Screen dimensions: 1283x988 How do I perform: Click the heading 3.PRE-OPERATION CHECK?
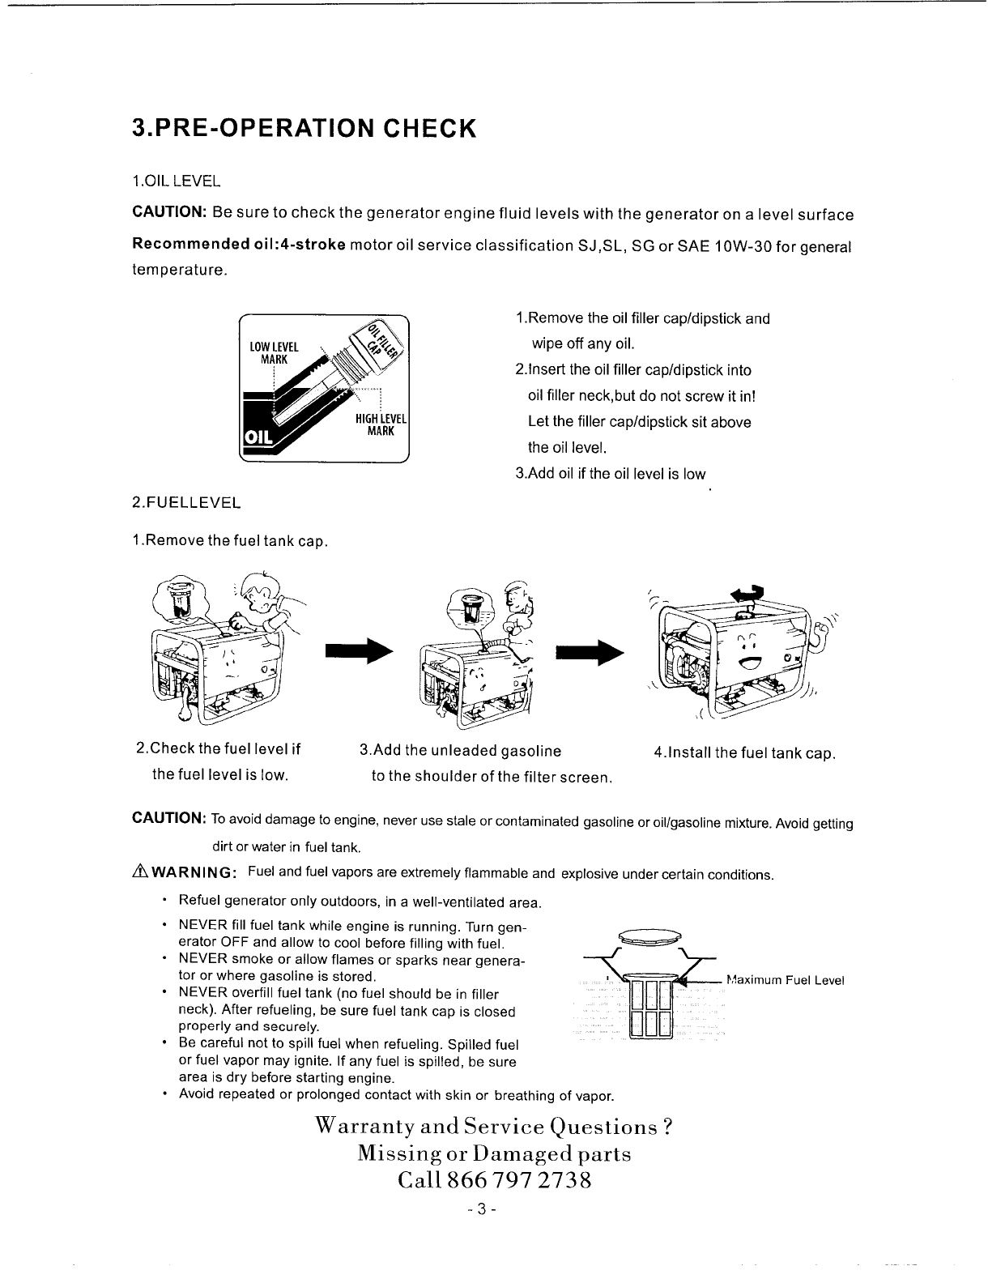[300, 128]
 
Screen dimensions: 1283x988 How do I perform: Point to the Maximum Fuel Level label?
[786, 980]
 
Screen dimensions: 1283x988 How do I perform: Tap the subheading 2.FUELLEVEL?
[185, 502]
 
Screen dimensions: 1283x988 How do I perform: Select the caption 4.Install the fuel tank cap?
[744, 753]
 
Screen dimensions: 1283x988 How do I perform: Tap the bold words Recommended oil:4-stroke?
[239, 245]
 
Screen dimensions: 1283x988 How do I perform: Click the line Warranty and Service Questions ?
[493, 1127]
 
